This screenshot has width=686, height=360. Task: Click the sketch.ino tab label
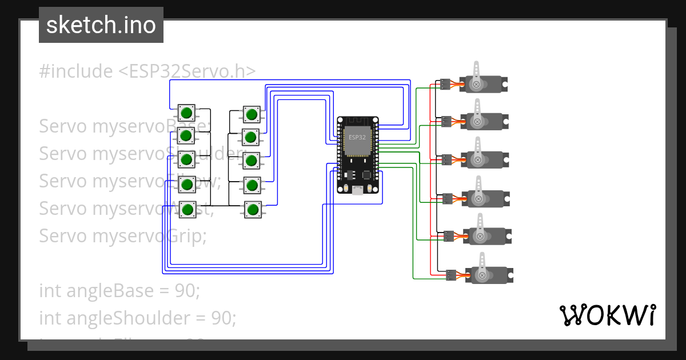pyautogui.click(x=101, y=25)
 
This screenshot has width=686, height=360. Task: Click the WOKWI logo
pyautogui.click(x=607, y=315)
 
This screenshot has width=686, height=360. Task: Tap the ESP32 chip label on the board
pyautogui.click(x=357, y=138)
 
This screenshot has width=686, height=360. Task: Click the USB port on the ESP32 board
pyautogui.click(x=357, y=190)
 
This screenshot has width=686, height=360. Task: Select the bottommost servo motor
pyautogui.click(x=489, y=275)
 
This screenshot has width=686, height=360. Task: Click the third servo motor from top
pyautogui.click(x=484, y=159)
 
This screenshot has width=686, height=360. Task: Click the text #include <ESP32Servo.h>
pyautogui.click(x=147, y=71)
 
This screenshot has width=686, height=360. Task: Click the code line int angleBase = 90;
pyautogui.click(x=119, y=291)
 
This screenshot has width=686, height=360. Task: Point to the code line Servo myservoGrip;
pyautogui.click(x=123, y=235)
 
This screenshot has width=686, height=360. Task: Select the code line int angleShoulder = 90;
pyautogui.click(x=137, y=318)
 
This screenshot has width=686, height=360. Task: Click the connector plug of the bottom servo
pyautogui.click(x=451, y=275)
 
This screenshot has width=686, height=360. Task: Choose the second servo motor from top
pyautogui.click(x=484, y=121)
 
